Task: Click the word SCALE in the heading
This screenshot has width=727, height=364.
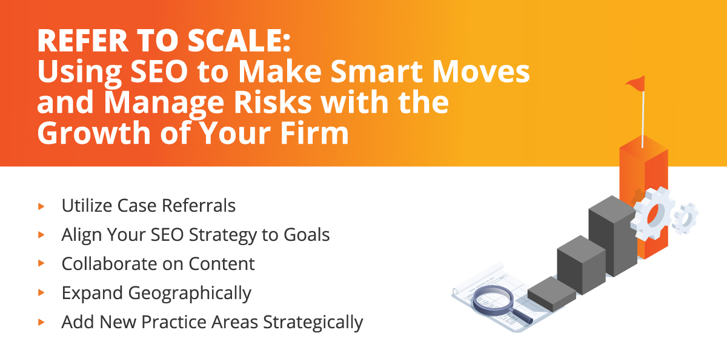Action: [x=239, y=41]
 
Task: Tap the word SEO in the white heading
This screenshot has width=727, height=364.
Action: [x=159, y=72]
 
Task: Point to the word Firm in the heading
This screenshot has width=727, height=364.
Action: [x=314, y=133]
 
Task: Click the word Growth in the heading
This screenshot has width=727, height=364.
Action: [x=95, y=133]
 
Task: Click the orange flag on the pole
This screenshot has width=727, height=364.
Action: [x=635, y=84]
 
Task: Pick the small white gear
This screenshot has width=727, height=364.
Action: [x=685, y=219]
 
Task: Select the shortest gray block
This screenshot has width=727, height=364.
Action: [x=552, y=294]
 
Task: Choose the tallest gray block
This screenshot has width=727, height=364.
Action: [x=612, y=236]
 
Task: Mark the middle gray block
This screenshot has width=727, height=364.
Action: [x=581, y=265]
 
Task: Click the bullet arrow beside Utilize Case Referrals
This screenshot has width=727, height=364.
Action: [x=41, y=206]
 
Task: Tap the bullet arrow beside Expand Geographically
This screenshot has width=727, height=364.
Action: [x=41, y=293]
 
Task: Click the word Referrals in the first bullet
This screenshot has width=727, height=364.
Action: [x=199, y=206]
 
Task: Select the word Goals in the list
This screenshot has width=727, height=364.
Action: [x=307, y=235]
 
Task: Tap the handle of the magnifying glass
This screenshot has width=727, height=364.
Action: [x=522, y=316]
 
